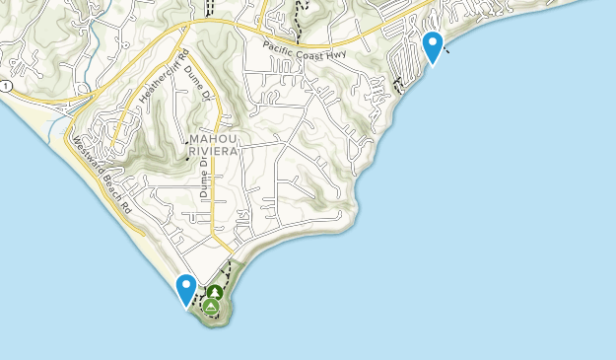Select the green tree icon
pos(215,292)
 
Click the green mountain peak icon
pos(211,307)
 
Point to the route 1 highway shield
pos(7,88)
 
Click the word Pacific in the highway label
pos(280,45)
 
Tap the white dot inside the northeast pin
pos(432,42)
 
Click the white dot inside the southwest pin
pos(185,285)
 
